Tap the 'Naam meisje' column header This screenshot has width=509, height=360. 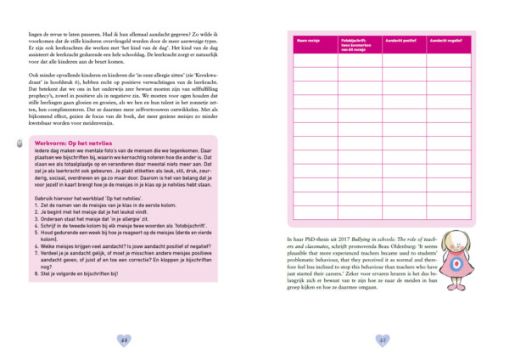307,40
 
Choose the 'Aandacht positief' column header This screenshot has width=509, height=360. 400,40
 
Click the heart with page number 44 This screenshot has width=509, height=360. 125,340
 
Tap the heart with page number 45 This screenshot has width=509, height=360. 383,340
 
